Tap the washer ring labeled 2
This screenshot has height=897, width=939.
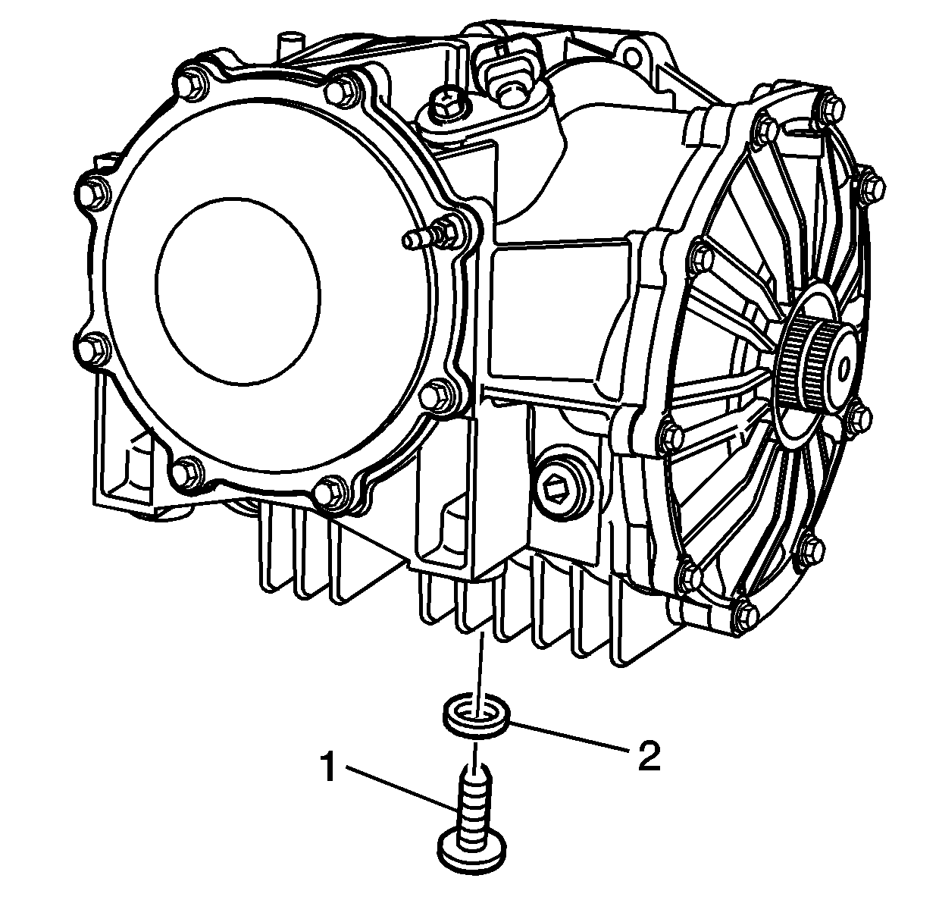pos(474,717)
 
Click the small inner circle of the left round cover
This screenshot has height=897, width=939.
pos(239,291)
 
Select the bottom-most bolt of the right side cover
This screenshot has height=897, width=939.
pos(746,613)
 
